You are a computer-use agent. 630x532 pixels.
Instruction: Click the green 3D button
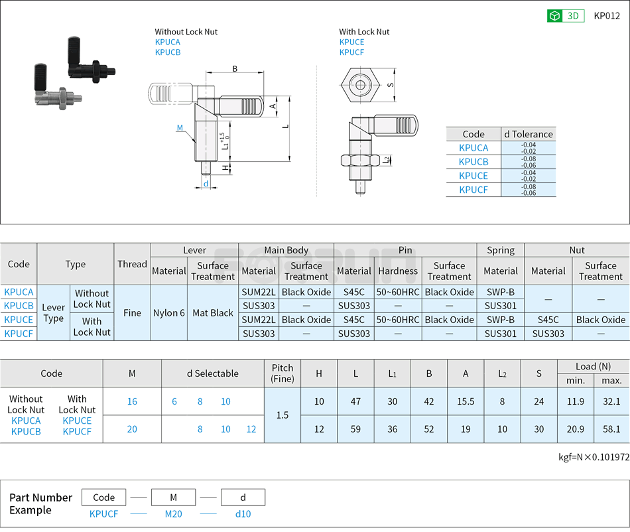click(565, 16)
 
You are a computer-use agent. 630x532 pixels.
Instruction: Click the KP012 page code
click(606, 16)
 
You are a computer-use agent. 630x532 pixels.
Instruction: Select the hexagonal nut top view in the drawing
click(359, 85)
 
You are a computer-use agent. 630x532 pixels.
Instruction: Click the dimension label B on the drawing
click(235, 69)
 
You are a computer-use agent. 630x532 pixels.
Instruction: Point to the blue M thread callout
click(180, 128)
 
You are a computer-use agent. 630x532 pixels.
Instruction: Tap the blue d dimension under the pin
click(206, 184)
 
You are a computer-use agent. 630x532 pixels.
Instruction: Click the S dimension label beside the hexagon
click(391, 85)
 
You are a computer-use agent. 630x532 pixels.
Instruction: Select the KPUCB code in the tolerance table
click(473, 162)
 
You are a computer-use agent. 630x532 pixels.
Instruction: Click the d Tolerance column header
click(528, 134)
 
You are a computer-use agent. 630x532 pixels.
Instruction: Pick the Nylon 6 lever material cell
click(169, 313)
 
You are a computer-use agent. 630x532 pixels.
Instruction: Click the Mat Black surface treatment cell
click(213, 313)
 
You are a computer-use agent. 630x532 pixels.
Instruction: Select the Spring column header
click(501, 250)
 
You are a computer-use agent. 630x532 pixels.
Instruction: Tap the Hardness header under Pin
click(398, 271)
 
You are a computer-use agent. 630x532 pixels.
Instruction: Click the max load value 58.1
click(611, 429)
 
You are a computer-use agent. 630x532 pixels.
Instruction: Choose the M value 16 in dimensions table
click(132, 401)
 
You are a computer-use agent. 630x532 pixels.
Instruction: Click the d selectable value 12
click(251, 429)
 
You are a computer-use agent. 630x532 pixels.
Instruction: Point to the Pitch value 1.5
click(283, 415)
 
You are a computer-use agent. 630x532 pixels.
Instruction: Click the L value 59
click(355, 429)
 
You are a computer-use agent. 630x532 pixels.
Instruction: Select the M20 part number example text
click(173, 514)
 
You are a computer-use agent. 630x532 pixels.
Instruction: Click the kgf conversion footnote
click(594, 457)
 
